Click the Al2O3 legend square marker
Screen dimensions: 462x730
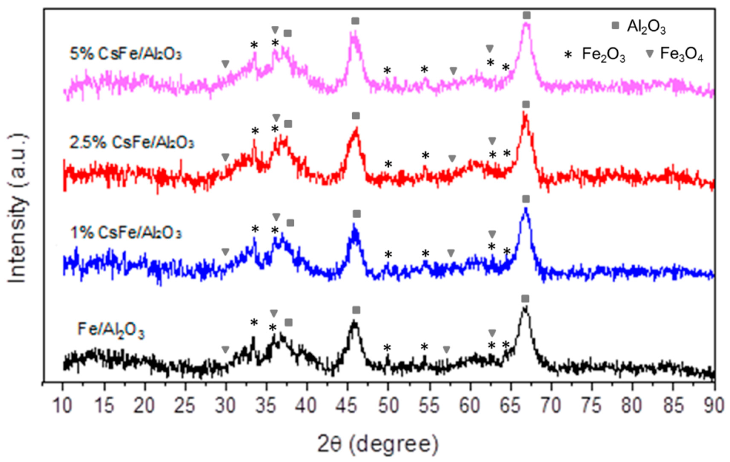pyautogui.click(x=615, y=26)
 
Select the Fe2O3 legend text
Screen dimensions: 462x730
pyautogui.click(x=603, y=55)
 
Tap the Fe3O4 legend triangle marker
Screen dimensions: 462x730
pyautogui.click(x=649, y=54)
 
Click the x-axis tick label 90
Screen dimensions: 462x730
pyautogui.click(x=714, y=406)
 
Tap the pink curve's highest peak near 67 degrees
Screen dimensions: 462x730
pyautogui.click(x=527, y=26)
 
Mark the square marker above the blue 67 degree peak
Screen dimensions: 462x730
pyautogui.click(x=526, y=199)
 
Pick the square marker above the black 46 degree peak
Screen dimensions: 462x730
pyautogui.click(x=356, y=310)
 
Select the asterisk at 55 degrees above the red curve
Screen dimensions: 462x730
pyautogui.click(x=425, y=156)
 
